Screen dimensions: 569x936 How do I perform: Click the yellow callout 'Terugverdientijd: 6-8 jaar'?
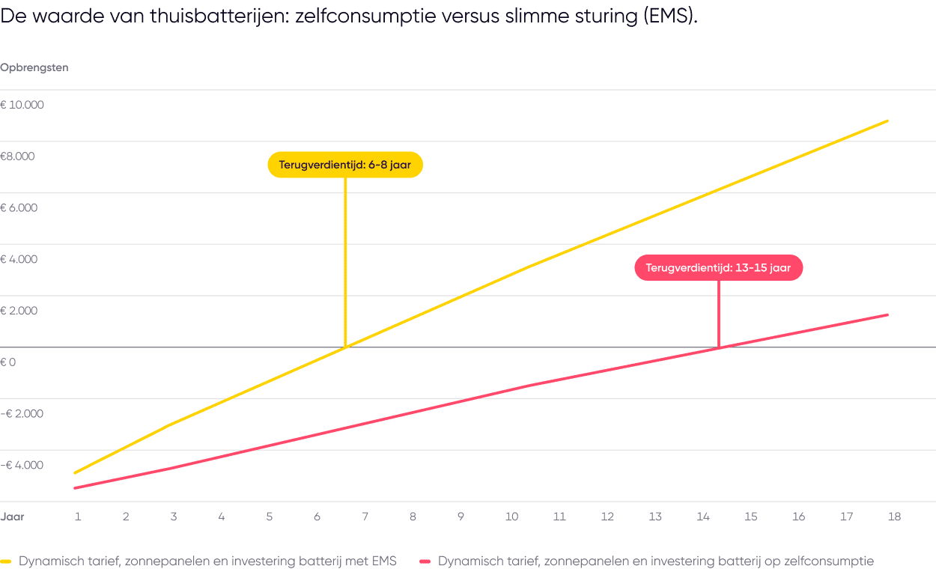[x=345, y=165]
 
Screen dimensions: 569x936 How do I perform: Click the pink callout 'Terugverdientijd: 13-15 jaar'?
[x=718, y=268]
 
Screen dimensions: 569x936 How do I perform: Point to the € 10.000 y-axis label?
[x=22, y=105]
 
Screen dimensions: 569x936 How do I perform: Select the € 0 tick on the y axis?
[x=9, y=362]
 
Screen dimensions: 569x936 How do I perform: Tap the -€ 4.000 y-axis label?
[x=22, y=465]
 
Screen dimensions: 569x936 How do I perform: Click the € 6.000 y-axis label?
[x=19, y=207]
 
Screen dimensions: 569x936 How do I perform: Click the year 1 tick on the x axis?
[x=77, y=517]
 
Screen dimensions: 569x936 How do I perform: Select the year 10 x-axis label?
[x=511, y=517]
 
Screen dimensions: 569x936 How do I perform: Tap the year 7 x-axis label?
[x=365, y=517]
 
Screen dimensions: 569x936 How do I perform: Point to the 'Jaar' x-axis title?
[x=13, y=517]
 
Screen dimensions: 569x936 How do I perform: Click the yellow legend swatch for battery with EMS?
[x=7, y=561]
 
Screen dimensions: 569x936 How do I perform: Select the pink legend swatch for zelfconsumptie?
[x=425, y=561]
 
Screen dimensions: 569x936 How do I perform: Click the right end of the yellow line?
[x=887, y=121]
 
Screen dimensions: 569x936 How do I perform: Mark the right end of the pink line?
[x=887, y=315]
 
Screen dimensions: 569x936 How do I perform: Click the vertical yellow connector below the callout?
[x=345, y=262]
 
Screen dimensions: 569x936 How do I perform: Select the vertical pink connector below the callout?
[x=718, y=314]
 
